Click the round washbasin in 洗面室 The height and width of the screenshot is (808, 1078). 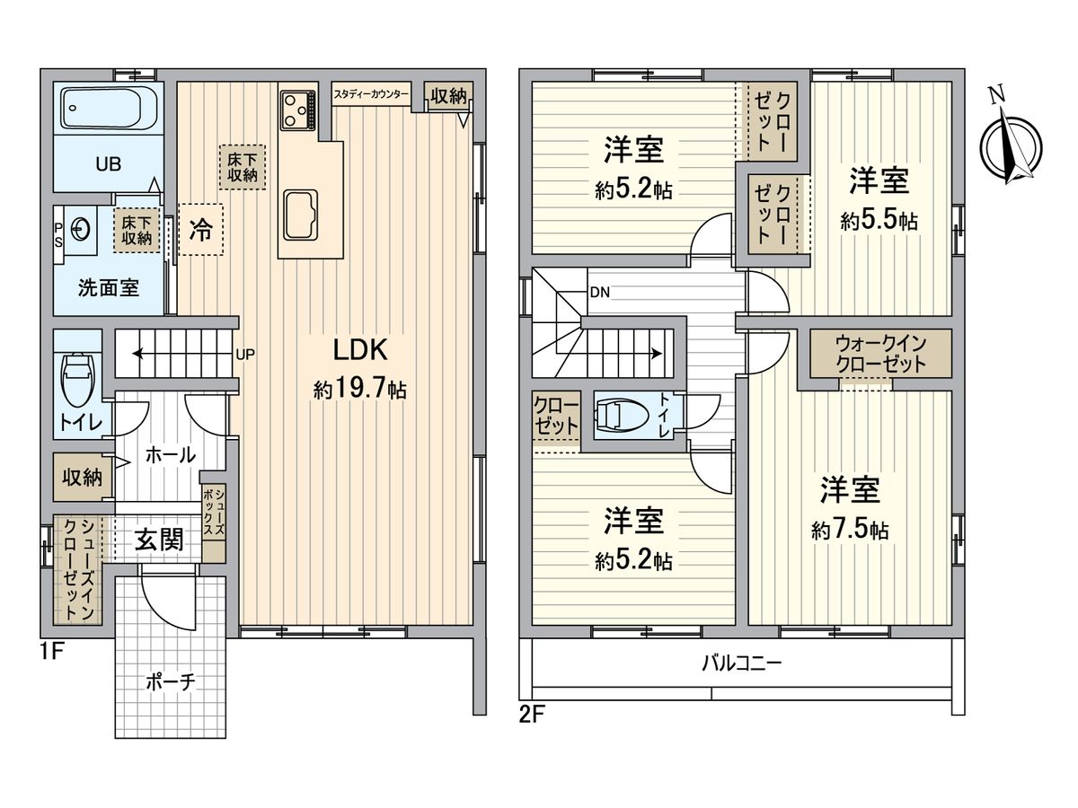click(x=82, y=230)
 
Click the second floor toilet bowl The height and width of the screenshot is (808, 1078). click(x=623, y=416)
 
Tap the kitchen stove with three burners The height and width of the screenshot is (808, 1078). click(x=297, y=110)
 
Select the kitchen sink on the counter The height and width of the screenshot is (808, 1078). click(x=300, y=215)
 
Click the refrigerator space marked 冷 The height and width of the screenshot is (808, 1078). click(x=199, y=230)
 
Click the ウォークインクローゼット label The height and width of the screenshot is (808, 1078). click(x=880, y=353)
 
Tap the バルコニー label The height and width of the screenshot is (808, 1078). click(x=741, y=664)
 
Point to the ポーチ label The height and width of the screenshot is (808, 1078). click(x=171, y=682)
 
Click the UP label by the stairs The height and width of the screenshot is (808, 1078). click(x=245, y=354)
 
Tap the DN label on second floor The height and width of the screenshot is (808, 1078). click(x=599, y=292)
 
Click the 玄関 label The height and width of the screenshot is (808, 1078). click(x=159, y=540)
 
